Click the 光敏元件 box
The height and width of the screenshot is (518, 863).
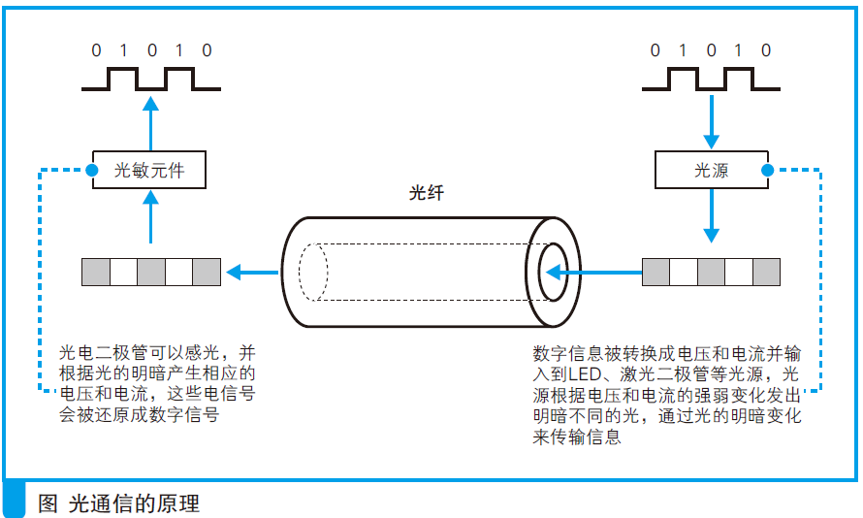point(149,171)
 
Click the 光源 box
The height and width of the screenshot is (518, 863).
point(711,171)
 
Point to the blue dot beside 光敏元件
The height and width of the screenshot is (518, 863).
point(90,172)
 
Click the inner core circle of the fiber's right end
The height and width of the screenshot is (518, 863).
point(554,272)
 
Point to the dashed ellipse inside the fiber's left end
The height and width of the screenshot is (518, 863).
point(313,272)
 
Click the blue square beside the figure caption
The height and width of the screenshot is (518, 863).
point(15,500)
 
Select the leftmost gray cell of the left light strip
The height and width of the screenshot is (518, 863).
point(96,272)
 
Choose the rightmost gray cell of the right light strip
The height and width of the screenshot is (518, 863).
point(766,272)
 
